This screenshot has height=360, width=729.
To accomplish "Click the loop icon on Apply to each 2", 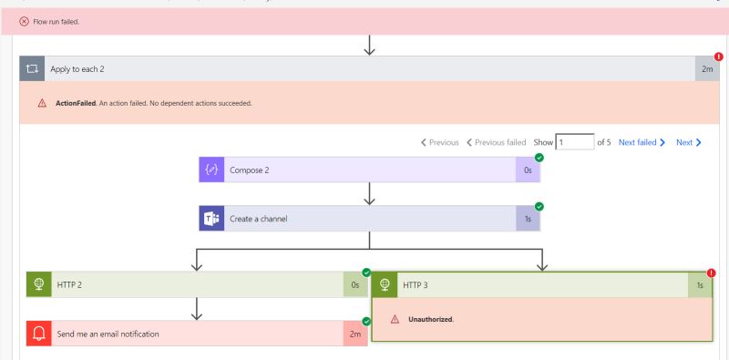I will tap(33, 68).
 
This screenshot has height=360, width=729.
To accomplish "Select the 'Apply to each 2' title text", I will tap(77, 68).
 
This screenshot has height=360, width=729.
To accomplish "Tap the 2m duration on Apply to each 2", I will tap(707, 68).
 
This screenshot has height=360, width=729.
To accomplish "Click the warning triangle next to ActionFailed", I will tap(42, 103).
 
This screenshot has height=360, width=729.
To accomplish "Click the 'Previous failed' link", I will tap(496, 142).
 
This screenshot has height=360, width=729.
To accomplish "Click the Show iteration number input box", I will tap(574, 142).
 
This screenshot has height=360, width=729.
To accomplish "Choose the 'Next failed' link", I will tap(642, 142).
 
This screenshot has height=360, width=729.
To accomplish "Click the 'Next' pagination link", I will tap(689, 142).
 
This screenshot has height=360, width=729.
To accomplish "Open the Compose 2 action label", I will tap(249, 170).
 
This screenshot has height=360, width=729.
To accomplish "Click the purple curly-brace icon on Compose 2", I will tap(211, 170).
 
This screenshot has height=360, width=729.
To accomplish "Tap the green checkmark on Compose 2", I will tap(539, 158).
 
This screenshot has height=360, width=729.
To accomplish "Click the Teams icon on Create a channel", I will tap(211, 219).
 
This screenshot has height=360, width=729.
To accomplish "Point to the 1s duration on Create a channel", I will tap(528, 219).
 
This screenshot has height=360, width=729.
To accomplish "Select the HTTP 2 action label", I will tap(69, 284).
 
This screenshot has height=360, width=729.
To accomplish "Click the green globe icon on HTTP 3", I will tap(385, 284).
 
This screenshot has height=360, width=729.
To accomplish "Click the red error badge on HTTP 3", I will tap(712, 273).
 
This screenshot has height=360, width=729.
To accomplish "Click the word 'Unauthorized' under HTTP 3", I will tap(431, 319).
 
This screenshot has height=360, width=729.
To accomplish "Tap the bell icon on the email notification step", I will tap(38, 334).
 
